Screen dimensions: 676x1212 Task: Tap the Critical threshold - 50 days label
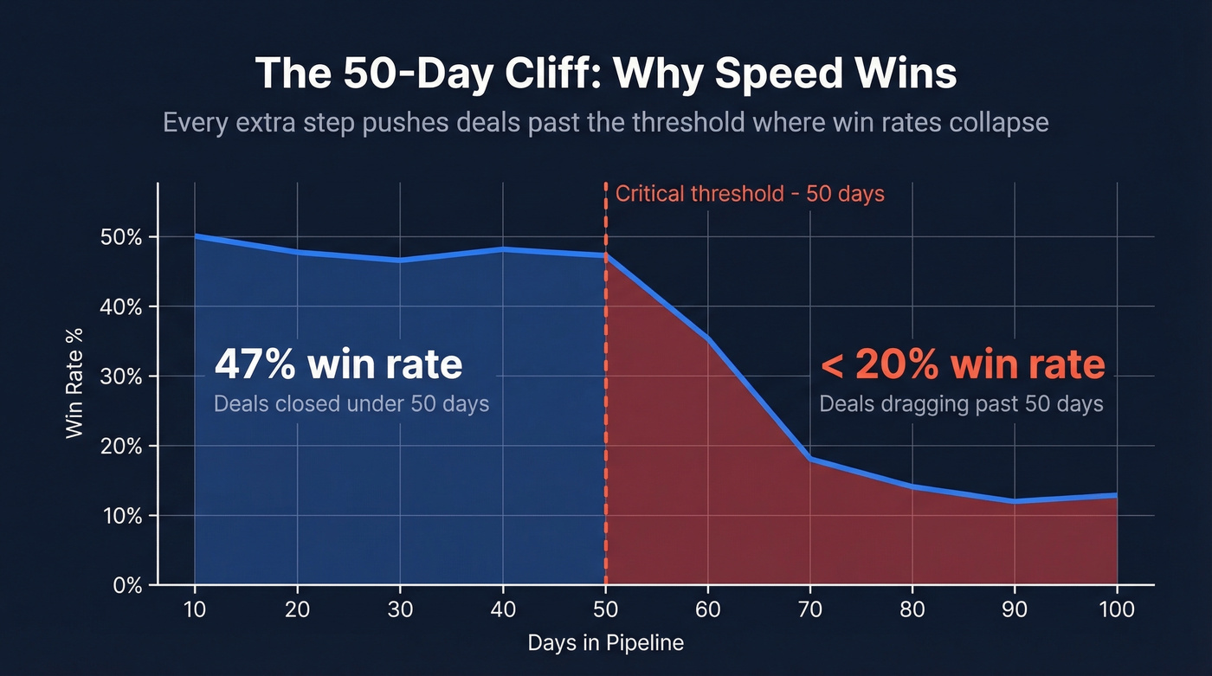(750, 193)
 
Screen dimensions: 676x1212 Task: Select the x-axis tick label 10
(195, 609)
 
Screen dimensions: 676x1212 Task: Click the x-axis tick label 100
(1116, 609)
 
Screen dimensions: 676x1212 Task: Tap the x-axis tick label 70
(809, 609)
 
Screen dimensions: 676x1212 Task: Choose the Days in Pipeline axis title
(605, 643)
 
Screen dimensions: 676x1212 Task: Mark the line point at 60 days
(707, 338)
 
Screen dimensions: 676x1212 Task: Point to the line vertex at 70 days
(809, 459)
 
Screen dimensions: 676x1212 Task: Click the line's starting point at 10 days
(196, 235)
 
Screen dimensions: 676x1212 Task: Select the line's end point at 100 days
(1116, 495)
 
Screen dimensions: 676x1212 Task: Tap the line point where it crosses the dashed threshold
(605, 255)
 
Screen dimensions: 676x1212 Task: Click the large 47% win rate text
(338, 364)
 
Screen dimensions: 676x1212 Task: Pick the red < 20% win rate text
(962, 364)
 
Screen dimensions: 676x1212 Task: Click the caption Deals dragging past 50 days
(961, 403)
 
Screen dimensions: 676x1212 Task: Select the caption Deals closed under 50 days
(351, 403)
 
